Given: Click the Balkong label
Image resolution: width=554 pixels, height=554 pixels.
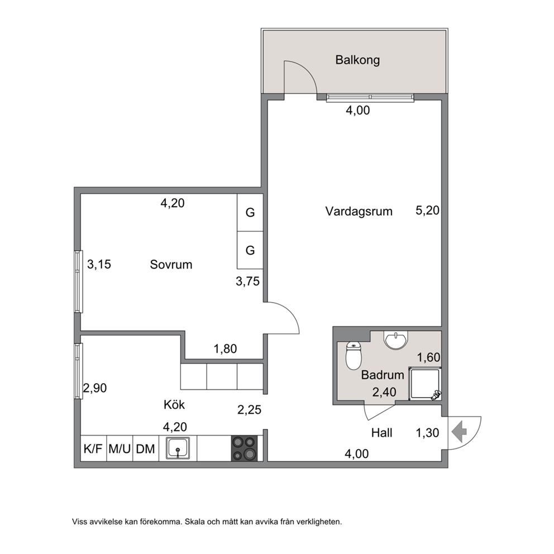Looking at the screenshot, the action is (x=357, y=60).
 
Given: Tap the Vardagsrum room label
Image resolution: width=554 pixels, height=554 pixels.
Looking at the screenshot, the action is (x=359, y=211).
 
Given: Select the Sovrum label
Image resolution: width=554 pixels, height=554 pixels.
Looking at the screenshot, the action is (x=171, y=264).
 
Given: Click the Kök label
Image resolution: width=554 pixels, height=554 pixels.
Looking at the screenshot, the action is (x=174, y=404).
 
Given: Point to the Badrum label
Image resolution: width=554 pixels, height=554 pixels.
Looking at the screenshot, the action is (x=383, y=375).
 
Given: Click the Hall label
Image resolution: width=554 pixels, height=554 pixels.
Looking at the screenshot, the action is (x=382, y=433).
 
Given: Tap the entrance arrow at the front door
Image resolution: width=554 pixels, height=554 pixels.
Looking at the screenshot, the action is (x=459, y=431).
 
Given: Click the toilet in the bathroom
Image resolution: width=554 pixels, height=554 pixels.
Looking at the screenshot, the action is (x=354, y=355).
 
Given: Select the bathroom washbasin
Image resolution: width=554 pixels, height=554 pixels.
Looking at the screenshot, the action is (x=396, y=340).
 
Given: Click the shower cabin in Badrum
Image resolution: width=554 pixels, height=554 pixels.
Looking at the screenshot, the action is (x=424, y=384).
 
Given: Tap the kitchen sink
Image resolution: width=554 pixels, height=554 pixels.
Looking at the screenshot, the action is (x=178, y=448).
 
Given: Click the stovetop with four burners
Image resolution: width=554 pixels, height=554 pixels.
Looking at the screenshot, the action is (x=245, y=448).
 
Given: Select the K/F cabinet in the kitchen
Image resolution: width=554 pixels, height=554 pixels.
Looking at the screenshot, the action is (x=93, y=448).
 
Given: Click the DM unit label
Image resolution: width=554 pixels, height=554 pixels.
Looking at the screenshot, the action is (x=146, y=449).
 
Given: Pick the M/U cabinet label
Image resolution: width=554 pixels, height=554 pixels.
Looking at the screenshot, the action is (x=120, y=449).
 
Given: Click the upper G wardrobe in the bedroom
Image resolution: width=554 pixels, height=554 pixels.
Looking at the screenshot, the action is (x=250, y=212).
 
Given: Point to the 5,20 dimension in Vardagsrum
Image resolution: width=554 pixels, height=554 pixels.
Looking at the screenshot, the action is (x=428, y=211).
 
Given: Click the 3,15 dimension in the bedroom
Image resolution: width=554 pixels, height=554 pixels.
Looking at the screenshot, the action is (x=99, y=264).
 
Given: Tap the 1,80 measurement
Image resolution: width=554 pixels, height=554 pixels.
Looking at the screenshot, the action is (x=226, y=349).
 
